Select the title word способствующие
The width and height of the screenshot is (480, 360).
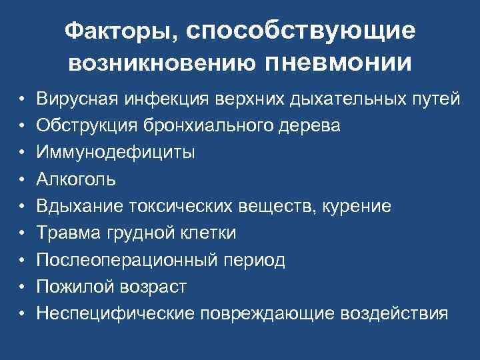coord(301,31)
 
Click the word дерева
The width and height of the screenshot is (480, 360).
coord(313,126)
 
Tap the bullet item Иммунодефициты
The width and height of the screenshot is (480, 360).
coord(116,153)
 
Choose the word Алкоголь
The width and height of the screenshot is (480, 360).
coord(76,179)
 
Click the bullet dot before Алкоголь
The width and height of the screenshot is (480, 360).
coord(22,180)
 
